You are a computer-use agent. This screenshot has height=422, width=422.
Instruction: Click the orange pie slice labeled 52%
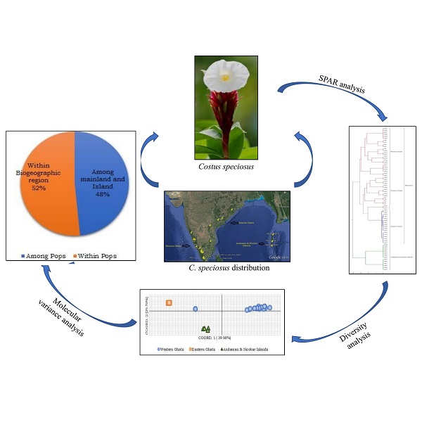coord(53,183)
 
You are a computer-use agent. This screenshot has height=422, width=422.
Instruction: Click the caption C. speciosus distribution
coord(226,268)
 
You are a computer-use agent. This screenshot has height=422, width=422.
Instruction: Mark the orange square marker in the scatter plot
coord(169,303)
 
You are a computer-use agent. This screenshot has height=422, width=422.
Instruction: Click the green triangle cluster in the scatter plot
coord(205,328)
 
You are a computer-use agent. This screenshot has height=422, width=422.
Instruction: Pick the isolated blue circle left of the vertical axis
coord(196,309)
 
